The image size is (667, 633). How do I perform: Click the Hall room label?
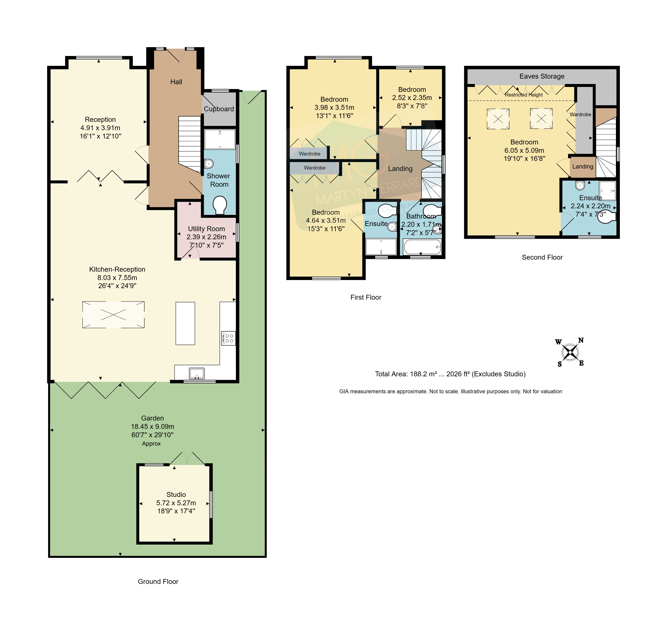(176, 82)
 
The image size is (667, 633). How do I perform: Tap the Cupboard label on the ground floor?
(219, 109)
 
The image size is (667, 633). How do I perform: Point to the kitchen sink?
(197, 374)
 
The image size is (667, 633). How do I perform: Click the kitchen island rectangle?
(185, 323)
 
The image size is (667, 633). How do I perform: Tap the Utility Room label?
(206, 229)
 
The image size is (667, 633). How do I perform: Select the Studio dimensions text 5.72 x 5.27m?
(176, 503)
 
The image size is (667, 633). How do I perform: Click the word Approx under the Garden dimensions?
(151, 444)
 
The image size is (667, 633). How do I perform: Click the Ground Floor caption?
(158, 581)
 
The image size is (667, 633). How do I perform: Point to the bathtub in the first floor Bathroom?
(422, 247)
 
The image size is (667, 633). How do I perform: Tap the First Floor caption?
(366, 297)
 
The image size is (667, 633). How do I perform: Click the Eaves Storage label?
(542, 76)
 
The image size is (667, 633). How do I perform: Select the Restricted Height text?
(524, 95)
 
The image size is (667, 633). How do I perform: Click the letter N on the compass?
(581, 340)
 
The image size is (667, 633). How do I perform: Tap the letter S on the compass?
(560, 364)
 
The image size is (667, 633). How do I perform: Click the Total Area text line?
(450, 374)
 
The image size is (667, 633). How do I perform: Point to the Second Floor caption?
(542, 257)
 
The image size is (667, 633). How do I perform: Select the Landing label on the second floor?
(583, 166)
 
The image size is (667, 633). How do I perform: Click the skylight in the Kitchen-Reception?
(113, 315)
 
